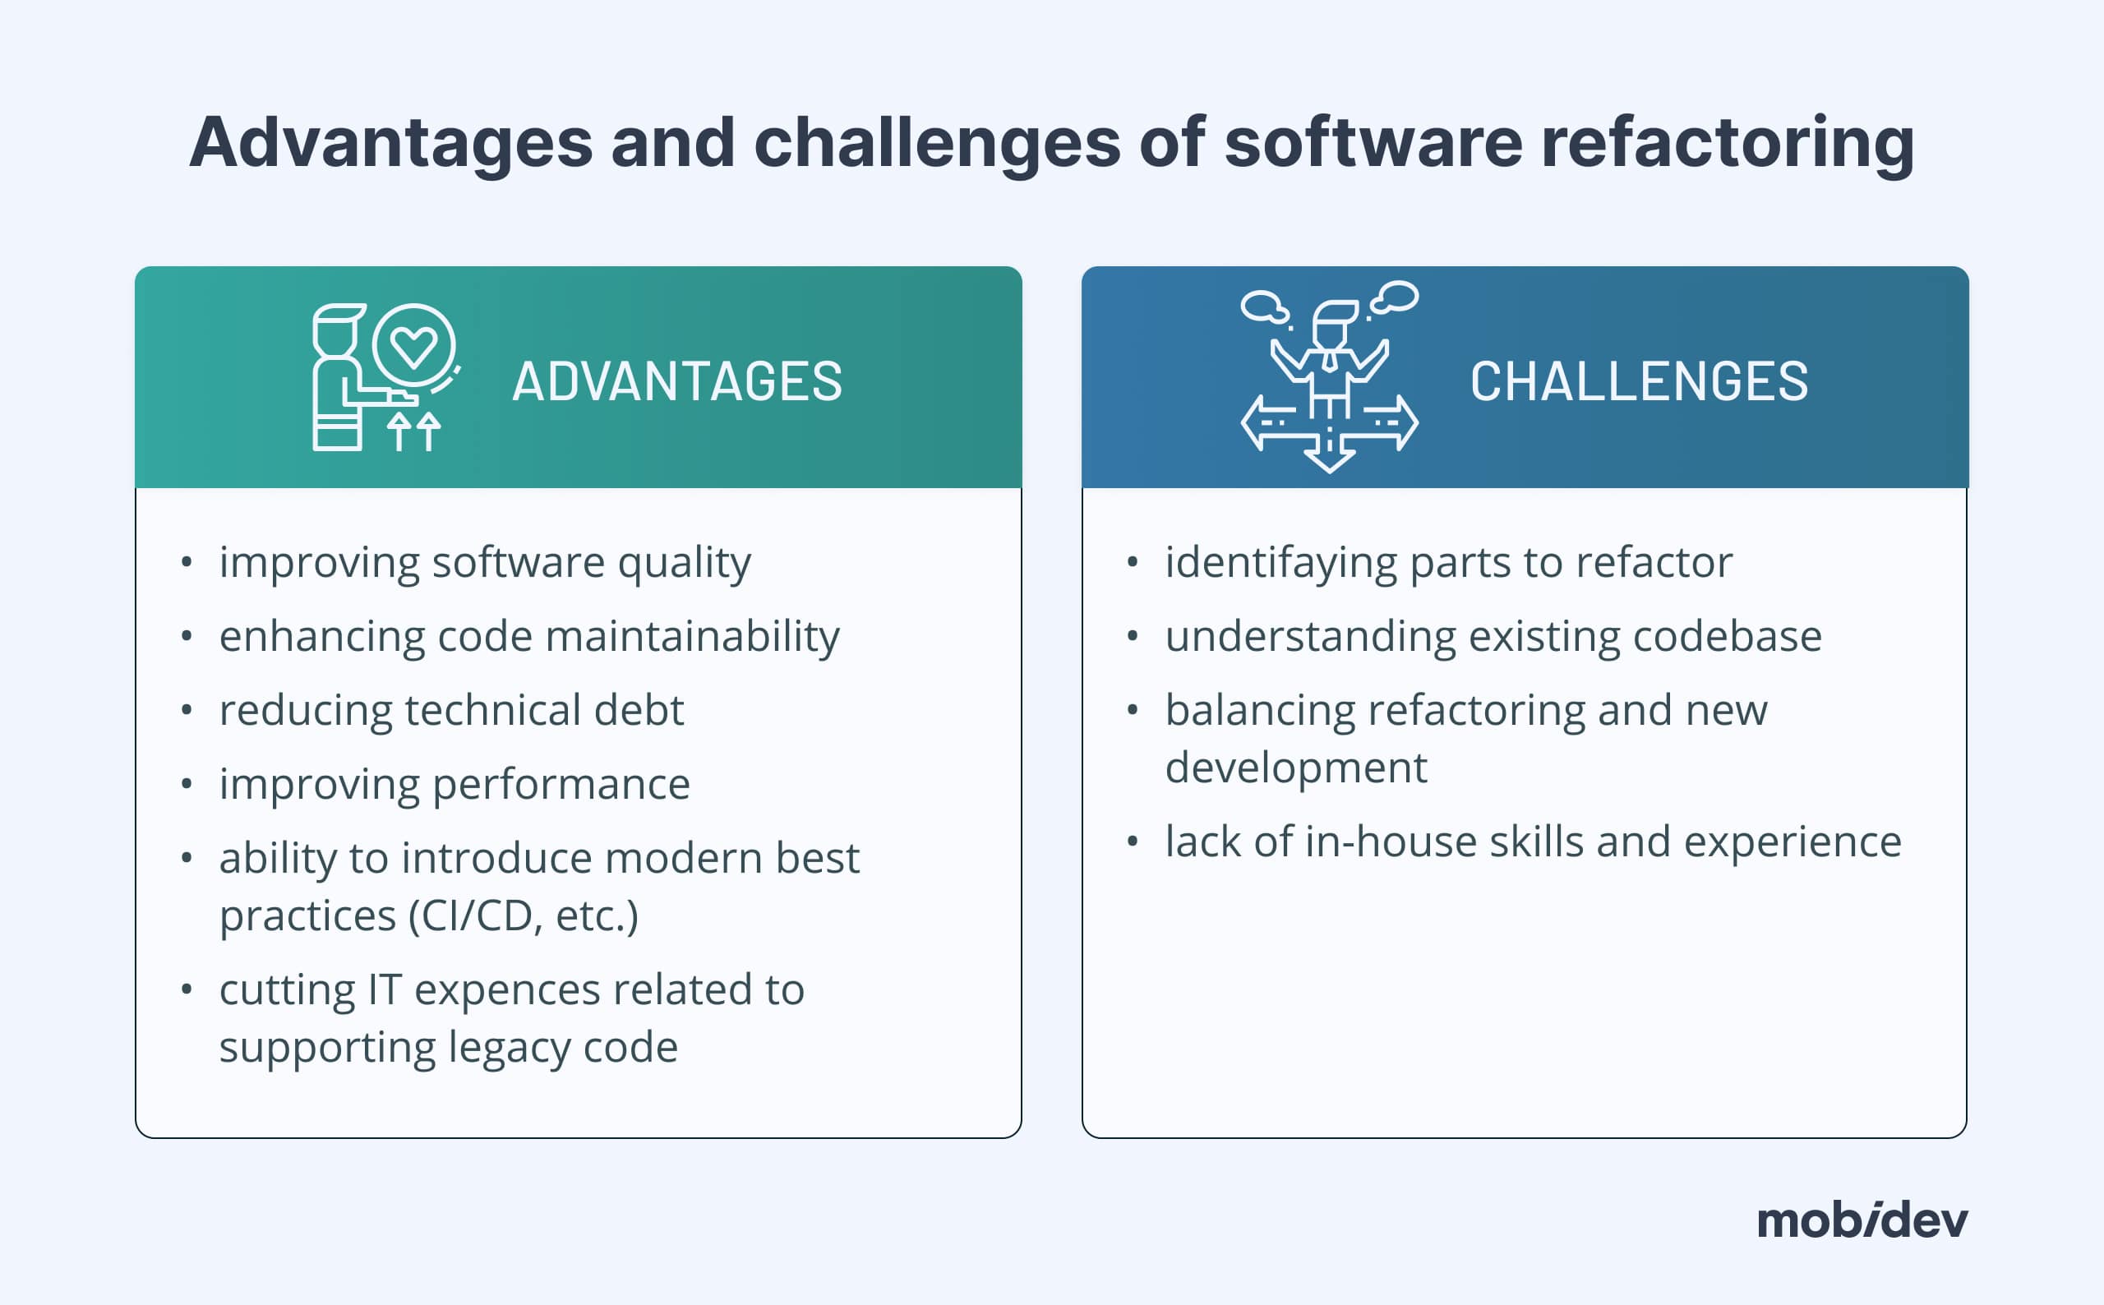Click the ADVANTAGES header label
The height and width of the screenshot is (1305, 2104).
point(676,381)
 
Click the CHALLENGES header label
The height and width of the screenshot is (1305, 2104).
point(1638,381)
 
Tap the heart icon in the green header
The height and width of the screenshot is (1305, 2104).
point(413,346)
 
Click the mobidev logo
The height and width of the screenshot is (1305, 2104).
point(1862,1221)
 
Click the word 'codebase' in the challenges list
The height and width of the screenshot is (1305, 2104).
point(1727,637)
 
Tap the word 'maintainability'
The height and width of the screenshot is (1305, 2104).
point(692,637)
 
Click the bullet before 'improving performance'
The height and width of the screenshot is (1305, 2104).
point(187,785)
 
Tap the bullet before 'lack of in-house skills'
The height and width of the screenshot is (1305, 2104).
point(1133,842)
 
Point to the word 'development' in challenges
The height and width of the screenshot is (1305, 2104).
point(1295,768)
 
